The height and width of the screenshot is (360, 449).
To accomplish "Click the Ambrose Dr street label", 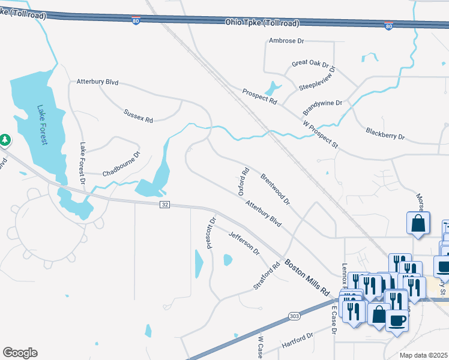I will click(287, 41).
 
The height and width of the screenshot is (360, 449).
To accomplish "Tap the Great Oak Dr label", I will click(310, 64).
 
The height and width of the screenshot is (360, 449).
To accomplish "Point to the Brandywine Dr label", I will click(322, 103).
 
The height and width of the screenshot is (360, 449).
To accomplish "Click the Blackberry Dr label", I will click(385, 133).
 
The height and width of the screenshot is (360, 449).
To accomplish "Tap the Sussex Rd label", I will click(138, 116).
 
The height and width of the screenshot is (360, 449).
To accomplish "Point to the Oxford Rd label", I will click(244, 182).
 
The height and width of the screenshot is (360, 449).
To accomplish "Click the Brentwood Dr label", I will click(275, 188).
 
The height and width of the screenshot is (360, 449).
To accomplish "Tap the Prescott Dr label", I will click(210, 233).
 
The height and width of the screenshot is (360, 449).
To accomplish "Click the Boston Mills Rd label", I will click(307, 276).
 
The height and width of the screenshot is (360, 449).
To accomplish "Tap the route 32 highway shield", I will click(164, 205).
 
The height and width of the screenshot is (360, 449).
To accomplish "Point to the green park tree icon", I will click(5, 140).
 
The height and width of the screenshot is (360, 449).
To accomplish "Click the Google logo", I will click(20, 353).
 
